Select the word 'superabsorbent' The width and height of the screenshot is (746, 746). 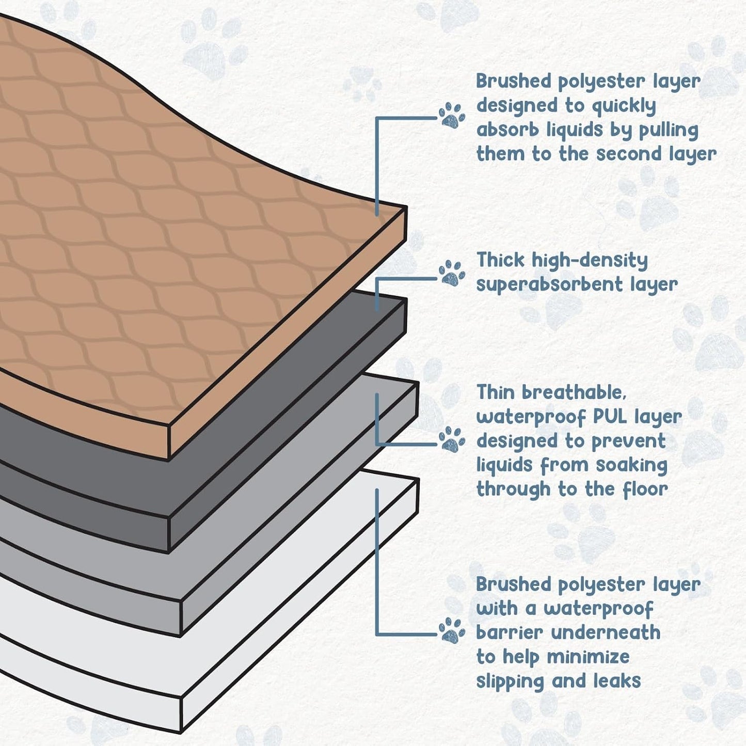click(x=549, y=285)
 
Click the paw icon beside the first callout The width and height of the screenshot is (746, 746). click(x=452, y=115)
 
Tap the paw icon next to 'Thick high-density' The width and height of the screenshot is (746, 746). click(x=452, y=273)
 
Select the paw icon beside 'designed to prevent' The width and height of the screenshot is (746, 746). click(x=452, y=439)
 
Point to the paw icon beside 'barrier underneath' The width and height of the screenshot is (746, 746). click(x=452, y=630)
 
